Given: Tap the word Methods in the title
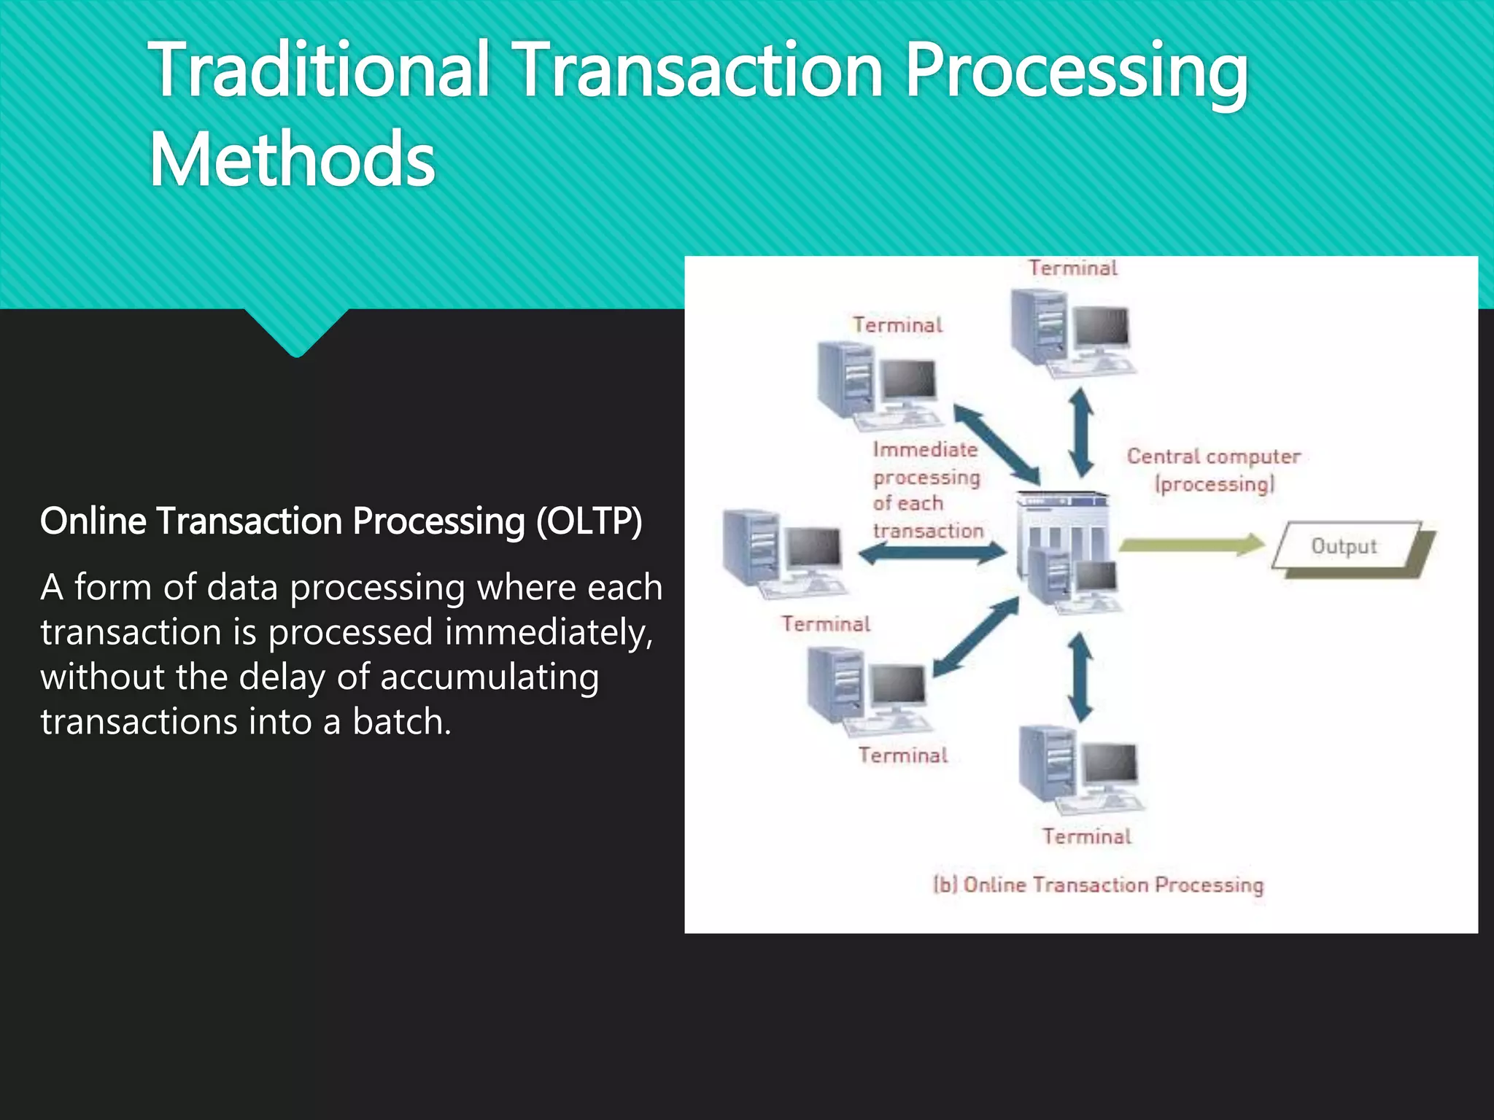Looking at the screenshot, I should (292, 159).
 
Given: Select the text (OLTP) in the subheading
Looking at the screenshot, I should (589, 521).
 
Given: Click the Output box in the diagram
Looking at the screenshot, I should (1347, 546).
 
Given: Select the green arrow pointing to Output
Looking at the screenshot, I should (1192, 545).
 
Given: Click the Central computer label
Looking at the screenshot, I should (1214, 470).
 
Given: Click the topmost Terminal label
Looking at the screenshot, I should (1073, 268).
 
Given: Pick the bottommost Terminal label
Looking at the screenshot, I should (1086, 836).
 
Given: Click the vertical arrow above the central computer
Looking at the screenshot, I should (1080, 432).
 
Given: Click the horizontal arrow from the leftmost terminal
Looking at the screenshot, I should (932, 554).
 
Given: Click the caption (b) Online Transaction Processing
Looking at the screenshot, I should (1099, 884).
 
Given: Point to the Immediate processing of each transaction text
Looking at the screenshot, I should (927, 490).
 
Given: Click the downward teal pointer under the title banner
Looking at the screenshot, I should (296, 332).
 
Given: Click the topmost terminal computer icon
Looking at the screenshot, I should (1071, 332).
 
